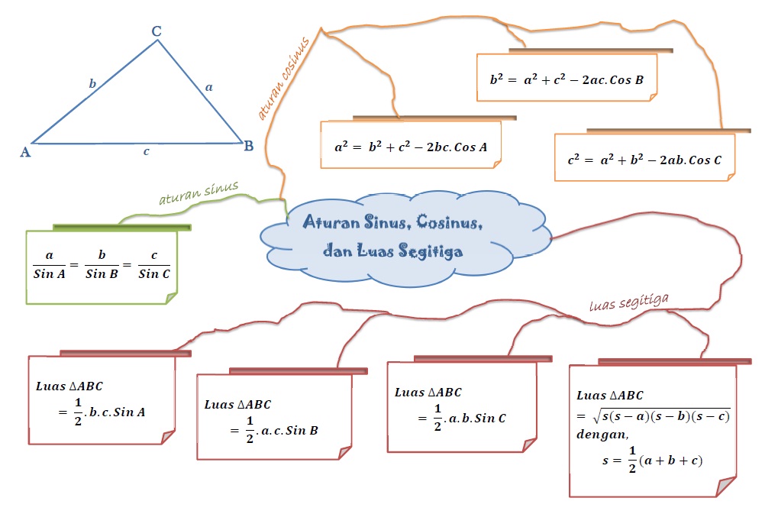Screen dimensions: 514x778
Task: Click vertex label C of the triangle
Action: click(x=157, y=31)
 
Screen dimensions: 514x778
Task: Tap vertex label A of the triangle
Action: click(x=25, y=151)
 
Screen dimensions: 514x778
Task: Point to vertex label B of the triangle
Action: click(x=249, y=146)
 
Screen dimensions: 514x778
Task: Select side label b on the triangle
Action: click(x=92, y=84)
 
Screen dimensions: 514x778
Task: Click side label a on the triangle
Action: click(x=208, y=88)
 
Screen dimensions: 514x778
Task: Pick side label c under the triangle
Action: click(x=146, y=151)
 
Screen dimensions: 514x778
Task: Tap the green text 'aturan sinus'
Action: click(x=199, y=193)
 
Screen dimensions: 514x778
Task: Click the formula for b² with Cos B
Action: click(x=567, y=78)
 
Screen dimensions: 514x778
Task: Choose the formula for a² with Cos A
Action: click(x=411, y=145)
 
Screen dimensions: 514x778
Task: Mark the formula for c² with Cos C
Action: click(x=644, y=160)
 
